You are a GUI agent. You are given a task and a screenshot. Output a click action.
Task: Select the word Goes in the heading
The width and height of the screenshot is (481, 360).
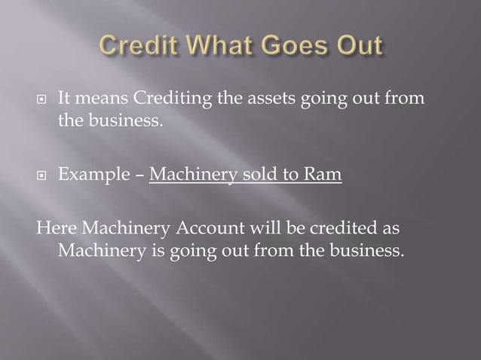[x=299, y=47]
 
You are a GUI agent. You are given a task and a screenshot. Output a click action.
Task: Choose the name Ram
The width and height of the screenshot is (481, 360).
[x=323, y=175]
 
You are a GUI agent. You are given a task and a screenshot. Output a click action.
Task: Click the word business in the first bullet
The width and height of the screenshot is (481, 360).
[x=123, y=121]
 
